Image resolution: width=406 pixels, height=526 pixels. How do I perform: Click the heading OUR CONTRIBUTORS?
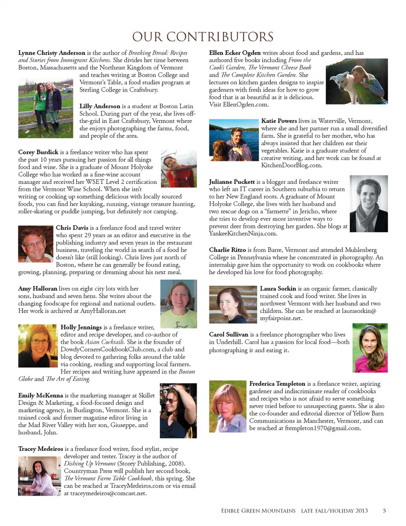tap(203, 37)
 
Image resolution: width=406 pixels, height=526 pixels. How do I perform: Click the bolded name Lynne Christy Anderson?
tap(52, 53)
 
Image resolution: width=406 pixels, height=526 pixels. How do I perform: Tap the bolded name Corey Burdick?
tap(38, 152)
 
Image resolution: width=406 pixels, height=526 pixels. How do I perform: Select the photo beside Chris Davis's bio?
tap(36, 245)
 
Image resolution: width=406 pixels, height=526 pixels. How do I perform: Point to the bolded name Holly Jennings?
tap(81, 327)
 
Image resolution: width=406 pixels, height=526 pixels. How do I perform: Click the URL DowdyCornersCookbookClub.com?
tap(107, 349)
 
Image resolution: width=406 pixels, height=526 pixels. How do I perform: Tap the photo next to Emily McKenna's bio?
tap(178, 410)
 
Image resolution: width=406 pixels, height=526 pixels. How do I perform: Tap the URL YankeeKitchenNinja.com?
tap(243, 233)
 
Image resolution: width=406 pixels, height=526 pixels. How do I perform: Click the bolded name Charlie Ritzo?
tap(227, 250)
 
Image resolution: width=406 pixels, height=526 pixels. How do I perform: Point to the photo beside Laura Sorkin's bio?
tap(233, 305)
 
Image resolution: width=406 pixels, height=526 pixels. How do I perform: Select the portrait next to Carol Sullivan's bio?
tap(370, 348)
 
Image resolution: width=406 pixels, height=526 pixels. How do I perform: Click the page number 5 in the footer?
tap(384, 510)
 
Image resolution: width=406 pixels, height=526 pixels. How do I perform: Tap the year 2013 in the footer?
tap(361, 510)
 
